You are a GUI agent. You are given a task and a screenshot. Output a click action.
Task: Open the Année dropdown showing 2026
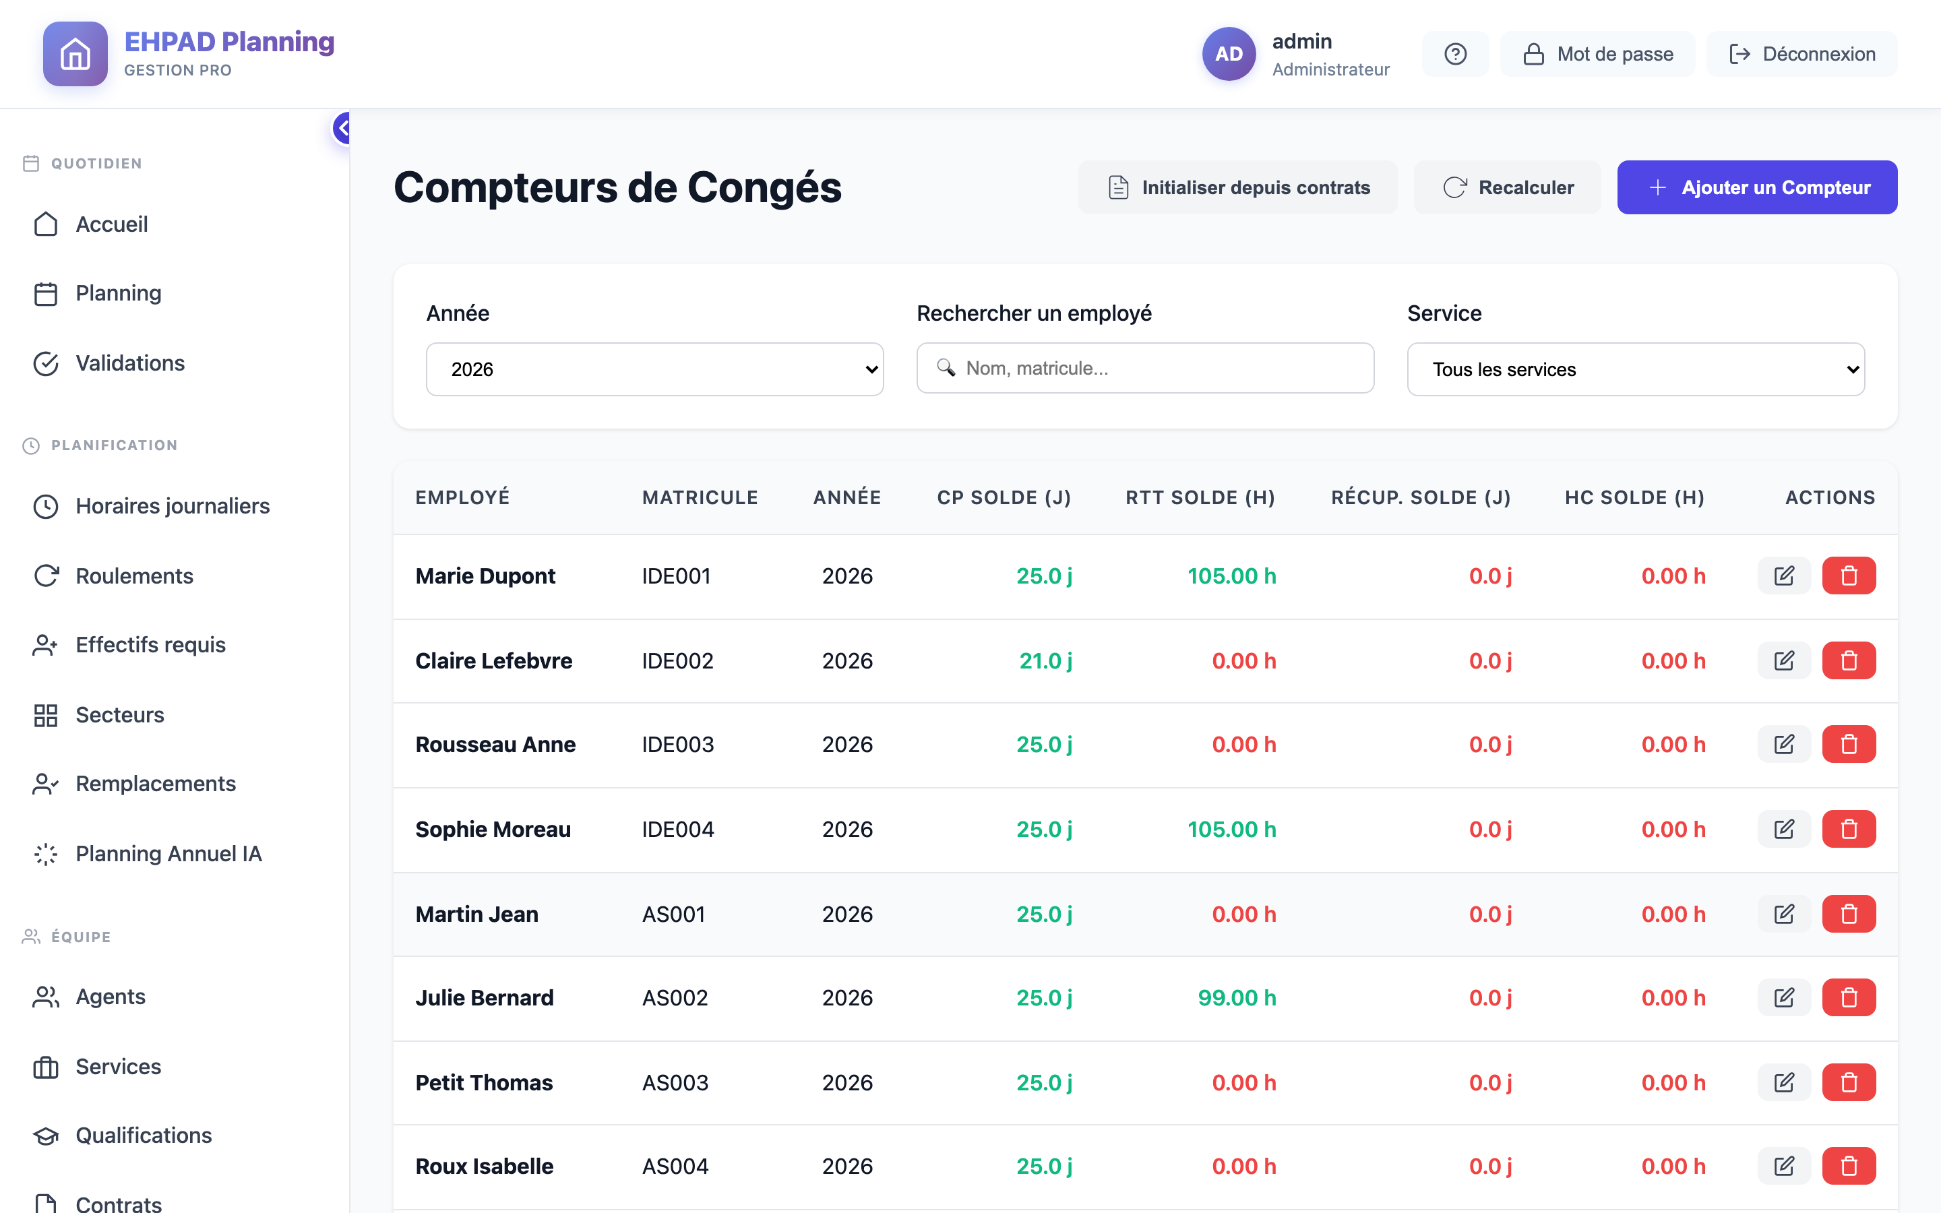[x=654, y=369]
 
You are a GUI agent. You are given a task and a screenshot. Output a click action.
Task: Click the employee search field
[x=1145, y=368]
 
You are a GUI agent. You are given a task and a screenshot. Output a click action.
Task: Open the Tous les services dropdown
[x=1636, y=369]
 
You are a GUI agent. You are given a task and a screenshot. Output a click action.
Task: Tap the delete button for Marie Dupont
[x=1849, y=576]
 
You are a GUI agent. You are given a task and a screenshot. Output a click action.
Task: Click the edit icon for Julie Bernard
[x=1784, y=997]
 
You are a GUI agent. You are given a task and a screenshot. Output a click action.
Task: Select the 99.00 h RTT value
[x=1237, y=997]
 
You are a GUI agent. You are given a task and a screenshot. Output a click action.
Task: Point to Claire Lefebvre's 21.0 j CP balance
[x=1046, y=660]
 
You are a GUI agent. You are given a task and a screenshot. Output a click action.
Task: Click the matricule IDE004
[x=678, y=829]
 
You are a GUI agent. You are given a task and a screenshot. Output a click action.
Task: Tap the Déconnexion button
[x=1801, y=54]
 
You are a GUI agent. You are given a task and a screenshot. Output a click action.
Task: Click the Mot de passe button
[x=1598, y=54]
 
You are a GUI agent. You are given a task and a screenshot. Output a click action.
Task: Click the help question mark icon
[x=1455, y=54]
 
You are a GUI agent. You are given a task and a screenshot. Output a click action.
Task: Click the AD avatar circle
[x=1229, y=54]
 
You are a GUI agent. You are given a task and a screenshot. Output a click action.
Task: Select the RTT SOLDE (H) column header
[x=1200, y=497]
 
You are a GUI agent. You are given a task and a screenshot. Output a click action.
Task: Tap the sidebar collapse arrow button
[x=342, y=128]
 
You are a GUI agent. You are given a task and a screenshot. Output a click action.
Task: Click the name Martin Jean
[x=476, y=914]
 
